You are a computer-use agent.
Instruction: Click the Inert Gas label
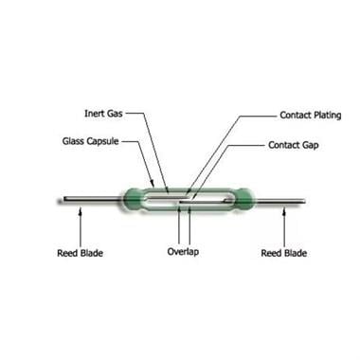(103, 114)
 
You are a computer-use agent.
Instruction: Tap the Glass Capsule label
(90, 141)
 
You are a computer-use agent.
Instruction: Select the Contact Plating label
(311, 116)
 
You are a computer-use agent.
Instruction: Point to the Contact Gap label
(294, 145)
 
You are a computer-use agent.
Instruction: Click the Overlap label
(183, 252)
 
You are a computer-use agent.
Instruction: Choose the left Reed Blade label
(80, 253)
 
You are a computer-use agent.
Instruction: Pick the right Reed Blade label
(284, 253)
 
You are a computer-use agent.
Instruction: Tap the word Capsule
(103, 141)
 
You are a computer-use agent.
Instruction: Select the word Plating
(327, 116)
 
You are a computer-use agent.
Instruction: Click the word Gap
(311, 146)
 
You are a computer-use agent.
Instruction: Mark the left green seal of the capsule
(133, 199)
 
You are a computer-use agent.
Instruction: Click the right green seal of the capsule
(244, 199)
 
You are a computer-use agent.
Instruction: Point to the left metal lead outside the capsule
(92, 199)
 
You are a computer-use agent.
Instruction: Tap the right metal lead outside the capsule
(279, 201)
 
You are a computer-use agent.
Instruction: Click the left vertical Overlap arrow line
(179, 225)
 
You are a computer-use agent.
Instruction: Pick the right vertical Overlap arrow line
(189, 225)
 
